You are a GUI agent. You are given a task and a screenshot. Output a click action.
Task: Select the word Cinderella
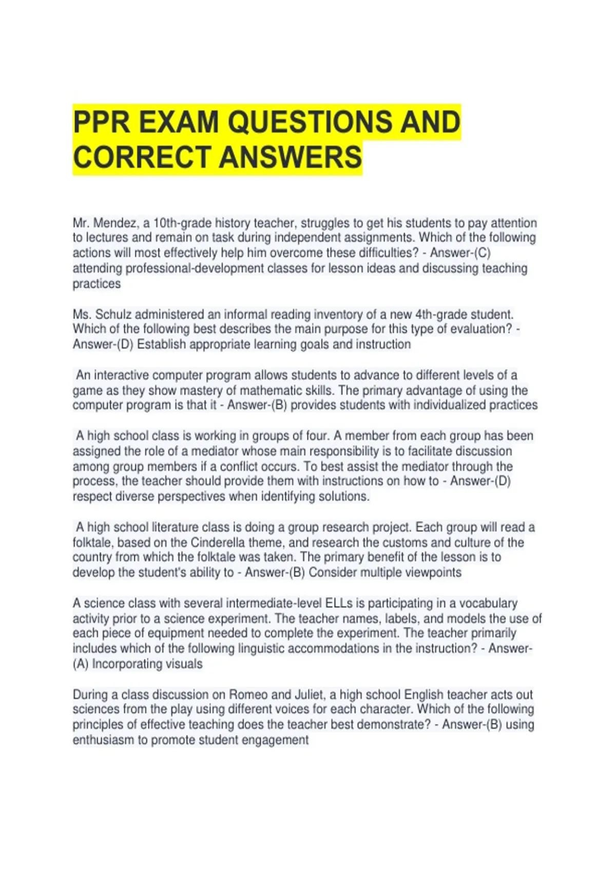tap(218, 542)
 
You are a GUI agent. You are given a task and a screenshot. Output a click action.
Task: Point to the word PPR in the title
tap(102, 122)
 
